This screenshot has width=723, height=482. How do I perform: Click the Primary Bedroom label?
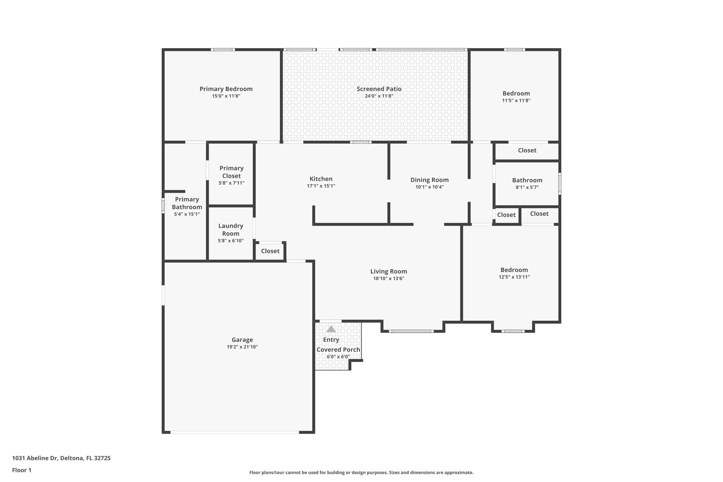[x=226, y=89]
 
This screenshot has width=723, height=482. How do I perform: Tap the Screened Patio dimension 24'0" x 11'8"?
[x=379, y=96]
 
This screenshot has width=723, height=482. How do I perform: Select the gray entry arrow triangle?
[x=331, y=329]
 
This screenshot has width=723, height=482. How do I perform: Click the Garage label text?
[x=242, y=340]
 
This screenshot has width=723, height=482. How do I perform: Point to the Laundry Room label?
[x=231, y=230]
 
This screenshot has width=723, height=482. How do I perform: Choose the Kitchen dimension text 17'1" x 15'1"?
[x=321, y=186]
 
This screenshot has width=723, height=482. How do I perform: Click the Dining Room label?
[x=429, y=180]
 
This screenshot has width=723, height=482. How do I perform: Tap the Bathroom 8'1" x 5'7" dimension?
[x=527, y=188]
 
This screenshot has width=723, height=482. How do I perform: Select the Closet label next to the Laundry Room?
[x=270, y=251]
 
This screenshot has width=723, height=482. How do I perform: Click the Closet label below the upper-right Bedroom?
[x=527, y=150]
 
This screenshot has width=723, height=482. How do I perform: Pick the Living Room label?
[x=388, y=271]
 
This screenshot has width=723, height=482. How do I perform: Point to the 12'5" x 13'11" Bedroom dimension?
[x=514, y=277]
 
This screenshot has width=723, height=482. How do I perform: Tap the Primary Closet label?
[x=232, y=172]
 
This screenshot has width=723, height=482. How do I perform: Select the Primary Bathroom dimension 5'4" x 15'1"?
[x=187, y=214]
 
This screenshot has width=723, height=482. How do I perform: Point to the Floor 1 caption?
[x=22, y=470]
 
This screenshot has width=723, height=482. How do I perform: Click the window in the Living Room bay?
[x=411, y=331]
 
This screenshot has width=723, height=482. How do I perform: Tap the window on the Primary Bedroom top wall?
[x=223, y=49]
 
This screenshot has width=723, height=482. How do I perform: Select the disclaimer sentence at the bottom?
[x=361, y=472]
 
